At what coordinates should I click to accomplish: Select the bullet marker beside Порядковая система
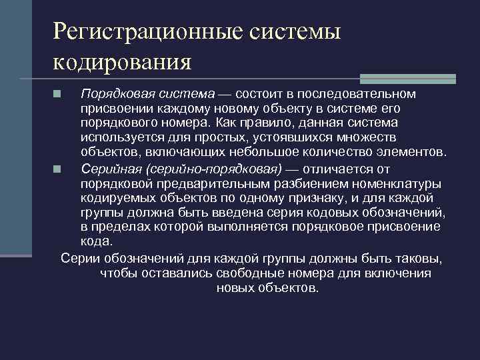(x=59, y=93)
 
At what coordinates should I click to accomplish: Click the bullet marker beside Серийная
(x=59, y=169)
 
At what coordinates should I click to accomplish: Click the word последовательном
(x=359, y=93)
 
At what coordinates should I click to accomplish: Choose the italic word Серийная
(x=109, y=169)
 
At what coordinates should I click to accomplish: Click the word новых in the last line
(x=233, y=289)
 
